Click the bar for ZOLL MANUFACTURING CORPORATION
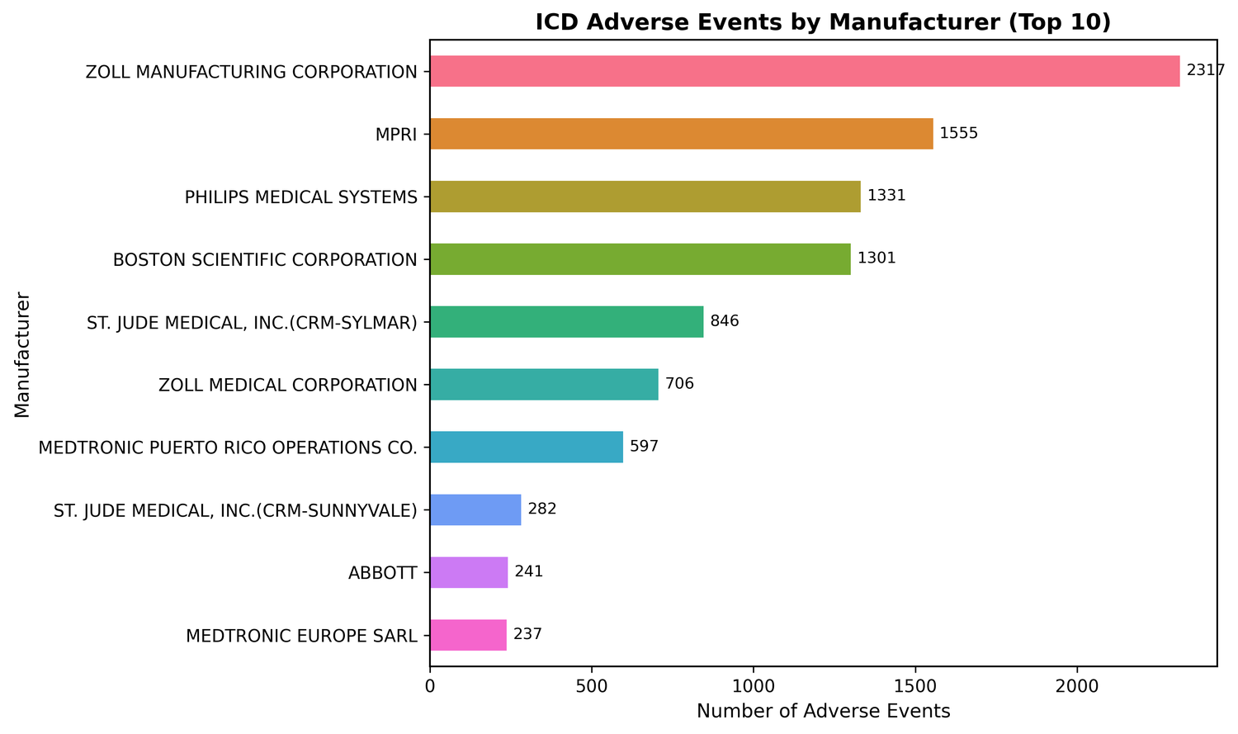pyautogui.click(x=805, y=71)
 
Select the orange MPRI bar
pyautogui.click(x=681, y=134)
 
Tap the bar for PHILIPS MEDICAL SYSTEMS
pyautogui.click(x=645, y=197)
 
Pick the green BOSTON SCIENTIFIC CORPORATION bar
pyautogui.click(x=640, y=259)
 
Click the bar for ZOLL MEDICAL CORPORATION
pyautogui.click(x=544, y=385)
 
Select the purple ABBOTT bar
pyautogui.click(x=469, y=572)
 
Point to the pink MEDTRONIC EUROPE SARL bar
pyautogui.click(x=468, y=635)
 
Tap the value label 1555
pyautogui.click(x=958, y=134)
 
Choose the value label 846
pyautogui.click(x=725, y=321)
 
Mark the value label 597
pyautogui.click(x=645, y=447)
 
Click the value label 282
pyautogui.click(x=542, y=509)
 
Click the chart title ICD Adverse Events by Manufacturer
pyautogui.click(x=823, y=22)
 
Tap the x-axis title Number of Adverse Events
pyautogui.click(x=823, y=711)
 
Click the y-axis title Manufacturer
pyautogui.click(x=22, y=353)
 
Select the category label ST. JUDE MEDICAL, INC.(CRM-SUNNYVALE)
pyautogui.click(x=235, y=510)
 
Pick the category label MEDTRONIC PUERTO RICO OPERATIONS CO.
pyautogui.click(x=228, y=448)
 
